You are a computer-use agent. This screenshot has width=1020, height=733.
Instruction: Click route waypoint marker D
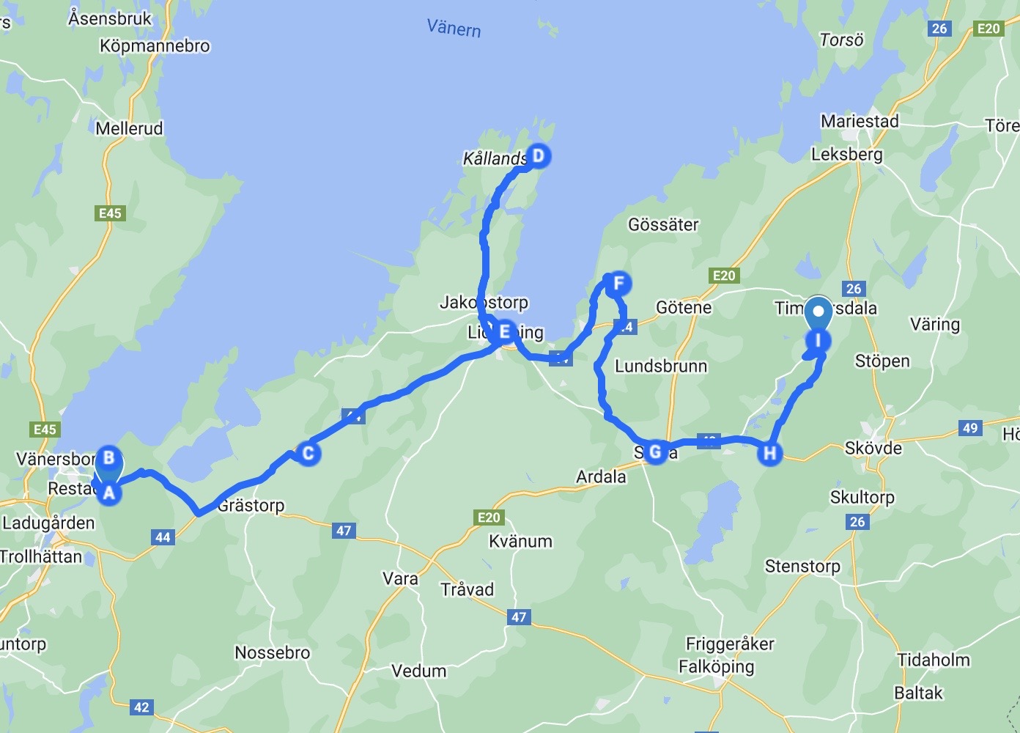point(538,156)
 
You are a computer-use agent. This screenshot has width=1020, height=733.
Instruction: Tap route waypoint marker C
point(308,453)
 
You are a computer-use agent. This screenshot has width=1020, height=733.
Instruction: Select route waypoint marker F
point(618,284)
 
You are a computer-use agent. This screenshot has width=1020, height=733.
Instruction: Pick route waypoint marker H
point(769,453)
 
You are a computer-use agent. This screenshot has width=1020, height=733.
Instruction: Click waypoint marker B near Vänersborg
point(109,458)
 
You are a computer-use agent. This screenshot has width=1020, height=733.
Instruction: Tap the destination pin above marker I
point(818,313)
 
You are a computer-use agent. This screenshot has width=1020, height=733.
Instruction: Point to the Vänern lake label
point(454,28)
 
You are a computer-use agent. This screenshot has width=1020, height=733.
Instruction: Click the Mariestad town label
point(859,121)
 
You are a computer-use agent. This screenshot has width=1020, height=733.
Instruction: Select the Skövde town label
point(873,448)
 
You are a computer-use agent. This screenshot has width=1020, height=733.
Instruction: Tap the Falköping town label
point(716,666)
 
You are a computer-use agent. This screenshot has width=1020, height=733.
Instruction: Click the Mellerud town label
point(129,128)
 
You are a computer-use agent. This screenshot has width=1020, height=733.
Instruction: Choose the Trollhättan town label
point(41,556)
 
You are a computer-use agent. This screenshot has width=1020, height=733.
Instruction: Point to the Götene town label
point(683,307)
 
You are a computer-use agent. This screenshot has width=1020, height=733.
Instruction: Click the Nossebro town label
point(272,652)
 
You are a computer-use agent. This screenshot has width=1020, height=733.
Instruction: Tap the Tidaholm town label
point(933,660)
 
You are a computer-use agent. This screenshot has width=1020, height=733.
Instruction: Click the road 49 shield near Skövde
point(970,427)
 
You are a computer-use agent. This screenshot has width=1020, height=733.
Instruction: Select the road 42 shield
point(141,707)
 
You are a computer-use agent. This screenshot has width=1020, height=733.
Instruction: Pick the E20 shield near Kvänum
point(489,517)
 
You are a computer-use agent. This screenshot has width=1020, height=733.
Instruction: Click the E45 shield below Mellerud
point(110,213)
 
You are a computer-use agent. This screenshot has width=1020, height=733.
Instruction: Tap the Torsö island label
point(841,40)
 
